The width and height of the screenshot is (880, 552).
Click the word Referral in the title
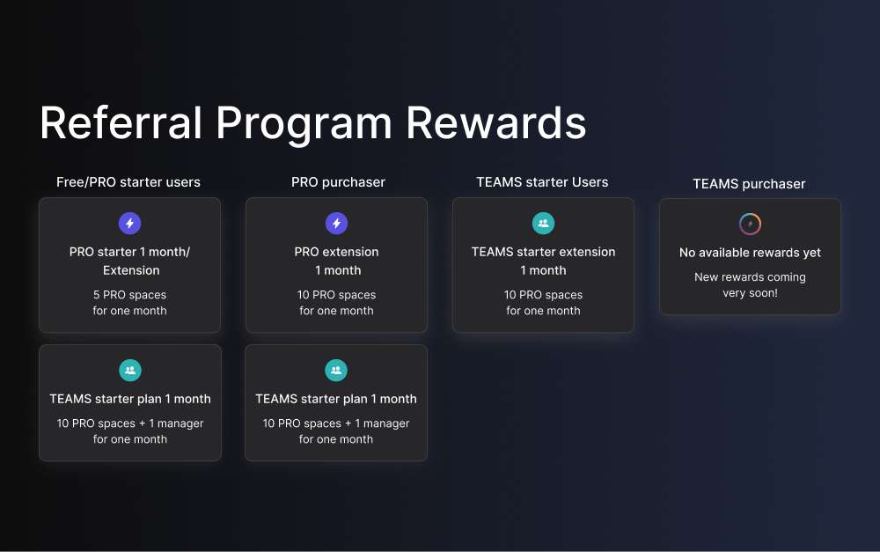[121, 122]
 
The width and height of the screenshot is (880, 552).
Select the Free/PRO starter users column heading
[128, 182]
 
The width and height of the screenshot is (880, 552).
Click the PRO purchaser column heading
[338, 182]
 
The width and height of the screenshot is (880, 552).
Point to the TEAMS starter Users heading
[542, 182]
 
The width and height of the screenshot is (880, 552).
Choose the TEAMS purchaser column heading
[749, 184]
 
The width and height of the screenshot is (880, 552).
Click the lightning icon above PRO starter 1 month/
[129, 224]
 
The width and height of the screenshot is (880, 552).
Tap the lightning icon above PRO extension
[336, 224]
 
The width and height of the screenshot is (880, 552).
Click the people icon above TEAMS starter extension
[543, 224]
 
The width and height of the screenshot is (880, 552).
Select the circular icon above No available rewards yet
[750, 224]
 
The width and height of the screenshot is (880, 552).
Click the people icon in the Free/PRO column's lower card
[130, 371]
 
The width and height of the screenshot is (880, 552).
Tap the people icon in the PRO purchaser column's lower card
[336, 371]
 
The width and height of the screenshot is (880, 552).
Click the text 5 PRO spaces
[130, 295]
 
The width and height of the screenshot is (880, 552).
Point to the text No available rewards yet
[750, 253]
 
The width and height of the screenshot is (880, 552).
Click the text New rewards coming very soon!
[750, 285]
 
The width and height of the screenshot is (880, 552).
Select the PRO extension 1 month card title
[336, 261]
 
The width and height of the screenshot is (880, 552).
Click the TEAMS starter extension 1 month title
[543, 261]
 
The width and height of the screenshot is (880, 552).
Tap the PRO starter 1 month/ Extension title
[130, 261]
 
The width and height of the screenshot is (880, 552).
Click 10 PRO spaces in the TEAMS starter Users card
[543, 295]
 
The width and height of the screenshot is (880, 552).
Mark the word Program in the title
[304, 122]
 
